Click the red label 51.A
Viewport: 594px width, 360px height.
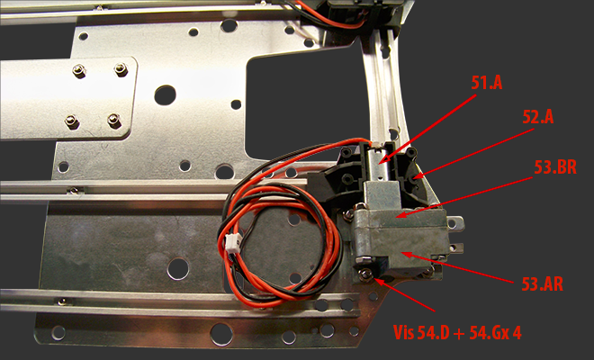pyautogui.click(x=487, y=83)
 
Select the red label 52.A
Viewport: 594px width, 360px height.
pyautogui.click(x=538, y=118)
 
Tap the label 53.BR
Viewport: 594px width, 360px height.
pyautogui.click(x=555, y=167)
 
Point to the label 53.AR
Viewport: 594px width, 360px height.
pyautogui.click(x=542, y=284)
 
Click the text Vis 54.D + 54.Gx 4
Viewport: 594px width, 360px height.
pyautogui.click(x=457, y=333)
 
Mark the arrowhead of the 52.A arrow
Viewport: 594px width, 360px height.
pyautogui.click(x=418, y=175)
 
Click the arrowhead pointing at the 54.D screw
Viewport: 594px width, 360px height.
pyautogui.click(x=379, y=281)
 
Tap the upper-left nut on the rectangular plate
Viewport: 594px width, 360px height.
pyautogui.click(x=79, y=71)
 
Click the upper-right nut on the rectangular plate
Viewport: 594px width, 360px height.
pyautogui.click(x=121, y=69)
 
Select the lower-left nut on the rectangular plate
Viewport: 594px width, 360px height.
pyautogui.click(x=71, y=121)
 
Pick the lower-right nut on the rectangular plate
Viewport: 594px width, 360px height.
pyautogui.click(x=113, y=120)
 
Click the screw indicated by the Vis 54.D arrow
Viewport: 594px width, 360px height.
pyautogui.click(x=365, y=274)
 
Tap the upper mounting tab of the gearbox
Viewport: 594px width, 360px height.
pyautogui.click(x=456, y=223)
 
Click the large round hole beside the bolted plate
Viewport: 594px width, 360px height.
pyautogui.click(x=166, y=95)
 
